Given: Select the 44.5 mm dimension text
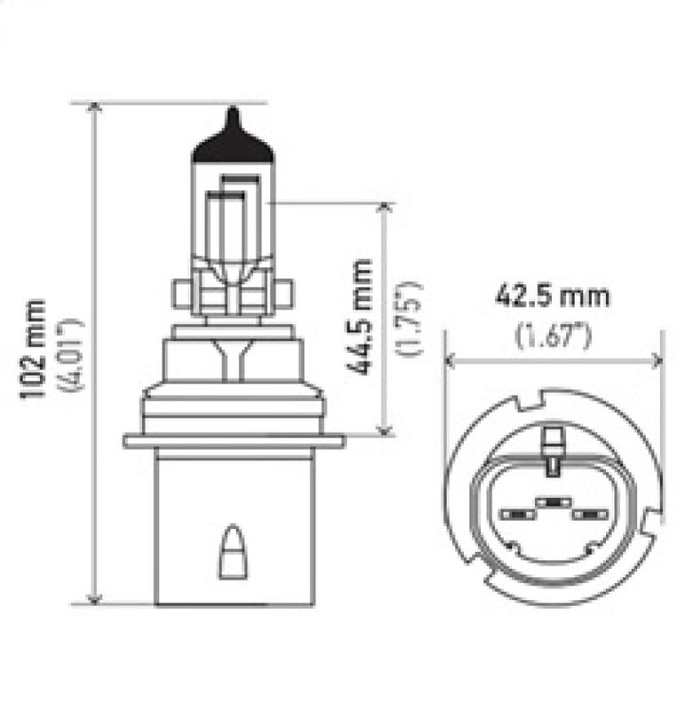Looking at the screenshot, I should pos(362,317).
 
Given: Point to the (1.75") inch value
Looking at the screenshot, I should pos(410,317).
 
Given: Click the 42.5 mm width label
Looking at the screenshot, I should pos(553,296).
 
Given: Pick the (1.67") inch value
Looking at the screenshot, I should pos(553,336).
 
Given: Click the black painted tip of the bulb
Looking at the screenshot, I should pos(232,142).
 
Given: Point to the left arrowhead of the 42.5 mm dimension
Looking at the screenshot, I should pos(450,361).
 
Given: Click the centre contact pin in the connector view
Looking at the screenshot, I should pos(552,502).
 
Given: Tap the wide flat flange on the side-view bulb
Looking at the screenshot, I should pos(234,441).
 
